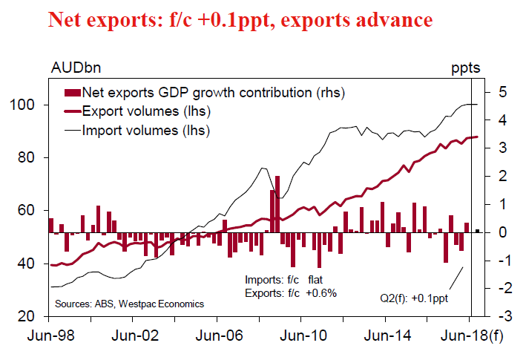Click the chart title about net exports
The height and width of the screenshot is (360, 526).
click(x=240, y=20)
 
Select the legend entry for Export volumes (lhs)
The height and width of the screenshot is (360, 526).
click(x=145, y=112)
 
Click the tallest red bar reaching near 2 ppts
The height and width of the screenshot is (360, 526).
click(x=277, y=204)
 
